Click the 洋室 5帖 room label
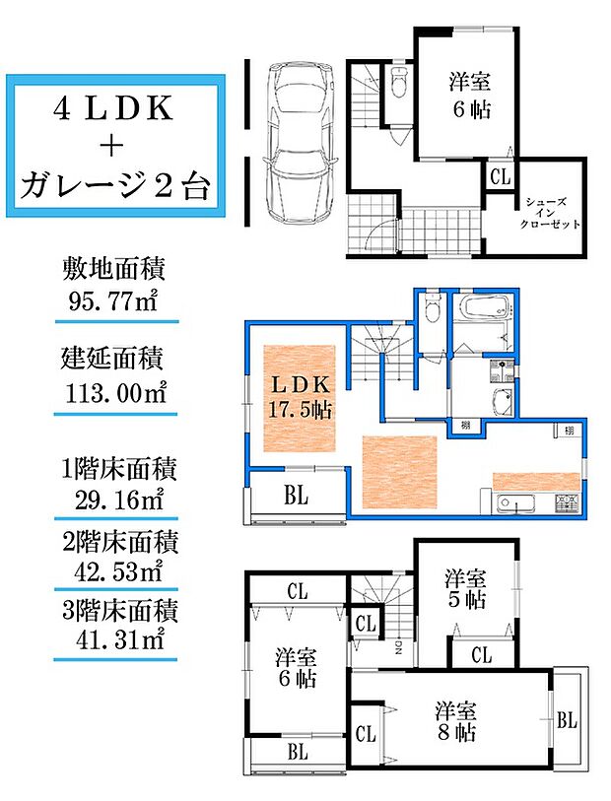[x=464, y=587]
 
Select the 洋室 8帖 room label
[x=456, y=719]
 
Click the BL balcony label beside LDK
[x=297, y=497]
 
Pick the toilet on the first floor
[x=398, y=85]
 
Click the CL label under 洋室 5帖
[x=481, y=653]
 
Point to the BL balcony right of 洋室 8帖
[x=566, y=720]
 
